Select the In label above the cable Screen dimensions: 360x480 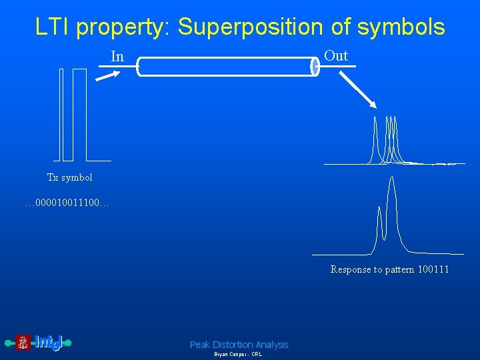click(x=117, y=57)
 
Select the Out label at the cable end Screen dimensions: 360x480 click(x=336, y=56)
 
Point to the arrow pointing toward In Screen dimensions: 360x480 click(x=107, y=75)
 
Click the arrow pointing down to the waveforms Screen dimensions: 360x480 click(x=356, y=89)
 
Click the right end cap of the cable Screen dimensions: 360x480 click(x=315, y=67)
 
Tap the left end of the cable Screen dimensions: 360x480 click(x=139, y=67)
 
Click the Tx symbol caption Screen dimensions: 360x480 click(x=69, y=177)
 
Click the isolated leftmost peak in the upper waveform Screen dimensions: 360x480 click(x=375, y=137)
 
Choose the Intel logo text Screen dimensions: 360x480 click(x=47, y=343)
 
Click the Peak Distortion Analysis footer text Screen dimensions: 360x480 click(x=239, y=345)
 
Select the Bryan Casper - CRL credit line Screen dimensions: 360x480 click(x=238, y=355)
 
